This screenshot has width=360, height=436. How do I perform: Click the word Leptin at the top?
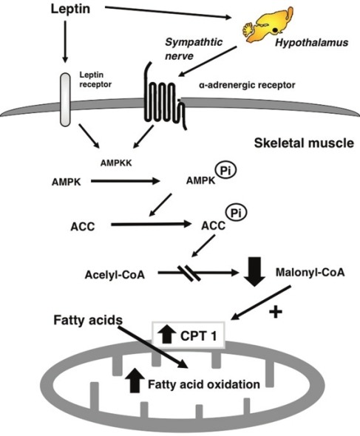70,9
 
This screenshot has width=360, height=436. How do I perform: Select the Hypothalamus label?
312,43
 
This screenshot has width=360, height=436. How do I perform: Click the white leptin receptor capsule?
65,100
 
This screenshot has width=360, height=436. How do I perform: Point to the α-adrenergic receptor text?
247,85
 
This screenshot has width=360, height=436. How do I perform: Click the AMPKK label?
116,163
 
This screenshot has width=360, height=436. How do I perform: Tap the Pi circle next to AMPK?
225,171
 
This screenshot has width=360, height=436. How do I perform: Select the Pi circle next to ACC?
237,214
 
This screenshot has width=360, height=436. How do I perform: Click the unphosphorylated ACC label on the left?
83,227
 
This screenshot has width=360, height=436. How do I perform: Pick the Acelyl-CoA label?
115,275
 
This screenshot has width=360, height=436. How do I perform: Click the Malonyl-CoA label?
310,272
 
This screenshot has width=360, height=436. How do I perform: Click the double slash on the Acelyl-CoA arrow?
189,273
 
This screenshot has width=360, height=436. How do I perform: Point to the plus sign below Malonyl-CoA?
276,313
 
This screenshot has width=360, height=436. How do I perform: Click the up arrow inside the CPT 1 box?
166,334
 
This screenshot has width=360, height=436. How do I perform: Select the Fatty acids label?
88,320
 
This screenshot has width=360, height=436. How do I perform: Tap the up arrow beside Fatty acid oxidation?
135,380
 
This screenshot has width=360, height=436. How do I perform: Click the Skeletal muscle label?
304,143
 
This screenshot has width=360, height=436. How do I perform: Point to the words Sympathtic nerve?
194,49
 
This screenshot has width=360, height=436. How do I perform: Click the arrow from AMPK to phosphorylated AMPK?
126,181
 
